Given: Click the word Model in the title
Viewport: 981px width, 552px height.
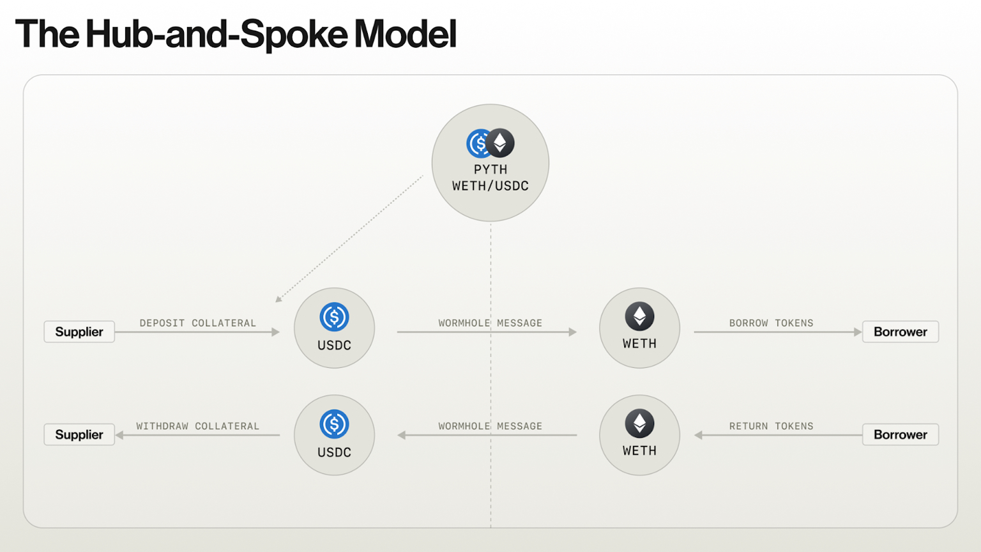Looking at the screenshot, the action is coord(405,34).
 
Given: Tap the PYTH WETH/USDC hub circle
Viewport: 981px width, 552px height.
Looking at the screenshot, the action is coord(490,162).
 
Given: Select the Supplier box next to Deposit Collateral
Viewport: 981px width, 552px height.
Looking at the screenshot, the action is coord(79,332).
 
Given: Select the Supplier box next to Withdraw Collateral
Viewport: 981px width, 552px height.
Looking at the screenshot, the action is coord(79,434).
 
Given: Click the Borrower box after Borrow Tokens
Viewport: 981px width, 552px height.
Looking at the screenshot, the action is coord(901,332).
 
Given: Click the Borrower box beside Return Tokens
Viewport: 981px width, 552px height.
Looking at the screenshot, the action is coord(901,434).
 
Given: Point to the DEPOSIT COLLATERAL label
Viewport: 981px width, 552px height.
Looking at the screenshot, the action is coord(198,323).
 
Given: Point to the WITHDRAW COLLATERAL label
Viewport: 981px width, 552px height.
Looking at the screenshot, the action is coord(198,426).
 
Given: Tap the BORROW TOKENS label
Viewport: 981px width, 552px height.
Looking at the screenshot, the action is coord(772,323).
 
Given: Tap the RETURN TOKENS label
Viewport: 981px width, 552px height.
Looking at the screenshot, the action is coord(772,426).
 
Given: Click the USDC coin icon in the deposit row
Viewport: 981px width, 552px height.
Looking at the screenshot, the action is coord(334,317).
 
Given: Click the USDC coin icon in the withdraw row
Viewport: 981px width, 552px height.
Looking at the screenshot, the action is coord(334,424).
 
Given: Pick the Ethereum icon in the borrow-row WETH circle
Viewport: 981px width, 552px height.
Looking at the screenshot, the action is coord(639,316).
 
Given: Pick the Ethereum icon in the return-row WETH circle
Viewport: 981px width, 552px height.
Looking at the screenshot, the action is coord(639,424).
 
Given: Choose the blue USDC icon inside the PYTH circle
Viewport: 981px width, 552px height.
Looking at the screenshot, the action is coord(477,143).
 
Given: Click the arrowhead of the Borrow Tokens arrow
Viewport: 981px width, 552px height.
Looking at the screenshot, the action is coord(858,332).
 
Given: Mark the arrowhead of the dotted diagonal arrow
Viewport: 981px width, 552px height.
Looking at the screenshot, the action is coord(278,299).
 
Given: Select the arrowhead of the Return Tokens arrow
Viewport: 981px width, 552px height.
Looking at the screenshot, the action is coord(699,435).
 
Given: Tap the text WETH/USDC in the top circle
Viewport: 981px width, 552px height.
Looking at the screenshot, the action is coord(490,186).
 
